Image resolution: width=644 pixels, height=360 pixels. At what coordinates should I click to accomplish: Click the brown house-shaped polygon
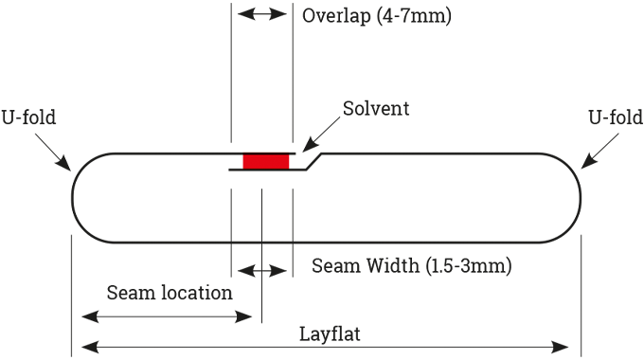265,140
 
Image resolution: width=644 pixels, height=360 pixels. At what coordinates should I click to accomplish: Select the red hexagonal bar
265,162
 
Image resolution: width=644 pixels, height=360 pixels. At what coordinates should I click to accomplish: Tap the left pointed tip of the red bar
237,162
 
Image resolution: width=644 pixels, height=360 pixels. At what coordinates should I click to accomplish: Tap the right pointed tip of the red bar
295,162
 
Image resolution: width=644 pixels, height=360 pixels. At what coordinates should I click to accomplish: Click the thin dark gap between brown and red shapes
265,153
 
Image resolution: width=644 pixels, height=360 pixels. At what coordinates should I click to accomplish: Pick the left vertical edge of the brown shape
242,145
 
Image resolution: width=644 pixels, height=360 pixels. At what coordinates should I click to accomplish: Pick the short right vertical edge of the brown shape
289,148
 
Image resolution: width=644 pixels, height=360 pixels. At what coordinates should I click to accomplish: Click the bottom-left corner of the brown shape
242,152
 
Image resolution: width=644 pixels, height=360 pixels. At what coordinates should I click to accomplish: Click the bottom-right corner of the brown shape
289,152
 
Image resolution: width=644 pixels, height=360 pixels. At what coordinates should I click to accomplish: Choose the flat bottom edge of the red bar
265,169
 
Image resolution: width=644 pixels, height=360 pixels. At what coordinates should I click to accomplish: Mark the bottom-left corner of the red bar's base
243,169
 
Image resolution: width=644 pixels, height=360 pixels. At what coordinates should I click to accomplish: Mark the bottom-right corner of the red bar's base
289,169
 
